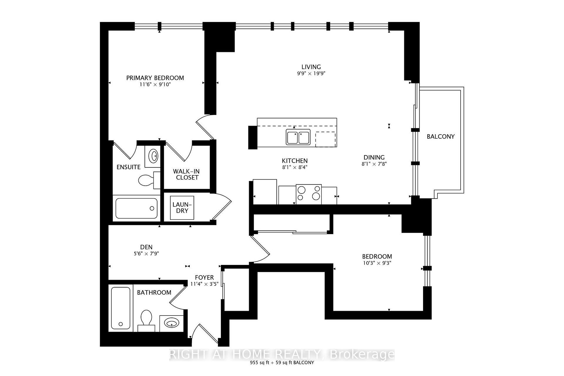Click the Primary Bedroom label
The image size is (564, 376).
(x=155, y=78)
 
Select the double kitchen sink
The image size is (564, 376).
(x=298, y=137)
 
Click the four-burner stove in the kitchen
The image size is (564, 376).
(x=308, y=194)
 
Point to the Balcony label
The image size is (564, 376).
(x=440, y=136)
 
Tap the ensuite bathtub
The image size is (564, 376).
(x=137, y=208)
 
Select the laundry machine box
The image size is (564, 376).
(x=182, y=208)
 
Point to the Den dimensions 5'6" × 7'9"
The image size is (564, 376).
(x=146, y=254)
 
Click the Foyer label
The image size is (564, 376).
(x=204, y=277)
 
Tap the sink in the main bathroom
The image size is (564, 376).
(x=172, y=323)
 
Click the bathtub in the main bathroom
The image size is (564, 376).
(x=121, y=308)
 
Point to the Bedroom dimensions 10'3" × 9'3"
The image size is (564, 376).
(x=377, y=263)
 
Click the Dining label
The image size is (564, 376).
(x=374, y=157)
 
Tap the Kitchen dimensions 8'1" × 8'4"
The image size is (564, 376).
(x=295, y=167)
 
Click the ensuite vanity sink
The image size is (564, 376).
(x=153, y=156)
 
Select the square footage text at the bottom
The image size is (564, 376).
(x=282, y=362)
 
